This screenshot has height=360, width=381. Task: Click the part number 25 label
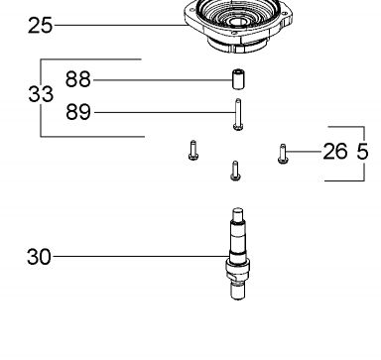40,26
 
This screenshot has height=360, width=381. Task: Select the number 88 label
77,79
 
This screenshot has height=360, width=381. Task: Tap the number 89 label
78,112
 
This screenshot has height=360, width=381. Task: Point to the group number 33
41,94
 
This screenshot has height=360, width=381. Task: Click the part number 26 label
335,152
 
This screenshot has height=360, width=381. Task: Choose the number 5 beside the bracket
362,152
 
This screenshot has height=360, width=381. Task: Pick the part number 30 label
39,257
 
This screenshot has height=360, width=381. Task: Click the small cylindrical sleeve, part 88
238,79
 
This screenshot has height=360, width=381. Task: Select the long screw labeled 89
238,114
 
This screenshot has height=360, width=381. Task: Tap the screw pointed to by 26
283,154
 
